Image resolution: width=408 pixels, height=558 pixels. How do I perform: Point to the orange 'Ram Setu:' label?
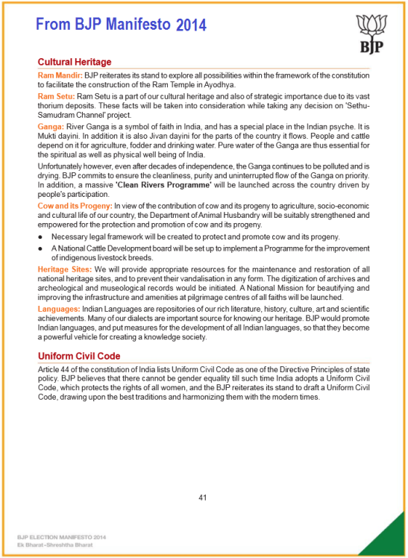(56, 97)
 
